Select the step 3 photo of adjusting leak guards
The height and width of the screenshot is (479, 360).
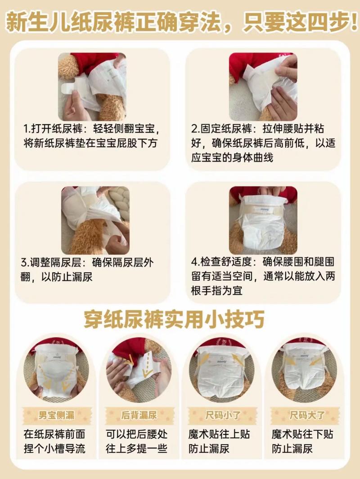[95, 220]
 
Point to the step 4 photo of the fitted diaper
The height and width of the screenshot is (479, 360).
[263, 220]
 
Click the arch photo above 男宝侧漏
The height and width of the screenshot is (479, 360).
[56, 371]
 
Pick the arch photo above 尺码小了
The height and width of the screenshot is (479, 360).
[221, 371]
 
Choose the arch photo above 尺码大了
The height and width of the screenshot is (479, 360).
[304, 371]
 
